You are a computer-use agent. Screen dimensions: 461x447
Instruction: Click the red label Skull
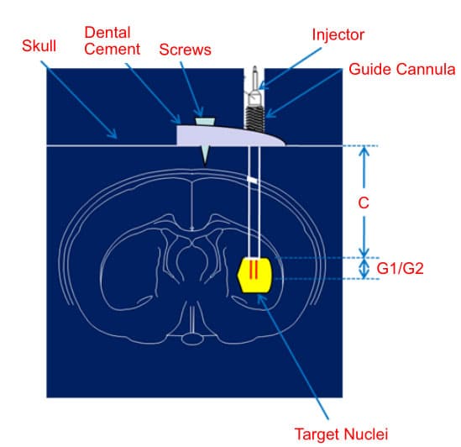(x=39, y=46)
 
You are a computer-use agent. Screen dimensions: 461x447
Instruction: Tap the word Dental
(x=107, y=33)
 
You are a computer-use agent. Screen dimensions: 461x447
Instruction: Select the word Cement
(x=112, y=49)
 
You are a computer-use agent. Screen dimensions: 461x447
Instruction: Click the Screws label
(x=185, y=50)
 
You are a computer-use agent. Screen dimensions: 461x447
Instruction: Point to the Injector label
(x=338, y=34)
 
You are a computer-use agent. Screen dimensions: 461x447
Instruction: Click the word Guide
(x=369, y=70)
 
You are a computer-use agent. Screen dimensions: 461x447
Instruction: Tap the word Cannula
(x=426, y=70)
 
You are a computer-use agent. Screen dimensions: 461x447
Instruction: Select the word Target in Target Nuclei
(x=317, y=434)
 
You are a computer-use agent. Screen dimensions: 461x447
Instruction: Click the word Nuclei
(x=365, y=434)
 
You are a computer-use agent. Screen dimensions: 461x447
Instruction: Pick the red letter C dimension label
(x=364, y=202)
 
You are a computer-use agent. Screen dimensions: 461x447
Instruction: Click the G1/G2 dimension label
(x=400, y=268)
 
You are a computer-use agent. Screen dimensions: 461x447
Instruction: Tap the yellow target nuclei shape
(x=255, y=275)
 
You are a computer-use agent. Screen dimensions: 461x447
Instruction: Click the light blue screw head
(x=205, y=121)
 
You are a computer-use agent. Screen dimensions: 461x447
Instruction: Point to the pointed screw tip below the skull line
(x=205, y=166)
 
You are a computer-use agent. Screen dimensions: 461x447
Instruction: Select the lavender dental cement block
(x=229, y=135)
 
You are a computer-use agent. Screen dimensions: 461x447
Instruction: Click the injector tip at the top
(x=254, y=68)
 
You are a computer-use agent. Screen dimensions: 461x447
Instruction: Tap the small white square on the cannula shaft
(x=252, y=179)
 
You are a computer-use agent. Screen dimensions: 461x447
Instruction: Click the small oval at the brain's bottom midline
(x=192, y=339)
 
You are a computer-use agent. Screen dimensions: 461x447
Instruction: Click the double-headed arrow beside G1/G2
(x=364, y=268)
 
